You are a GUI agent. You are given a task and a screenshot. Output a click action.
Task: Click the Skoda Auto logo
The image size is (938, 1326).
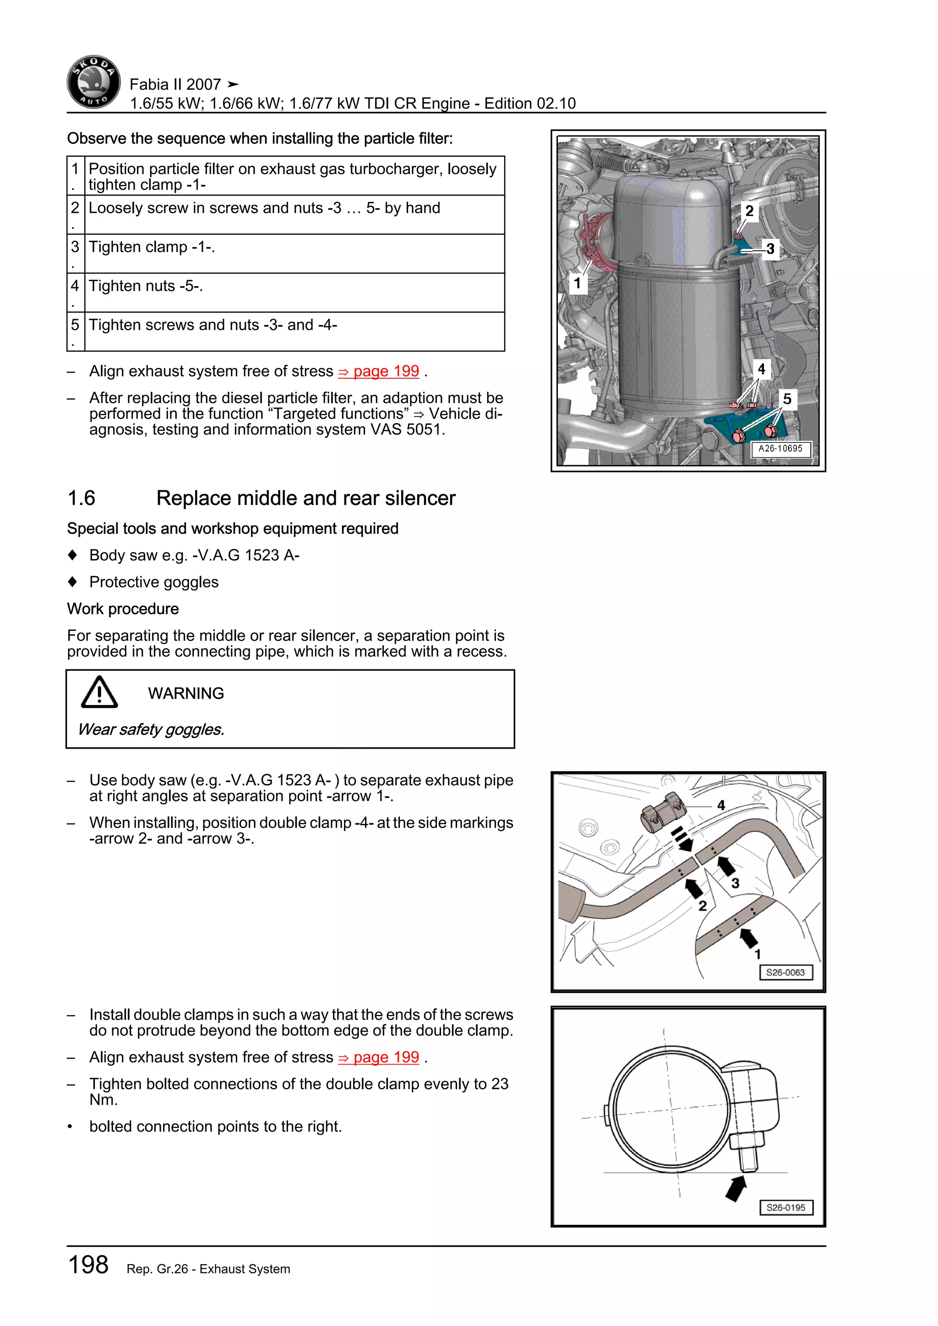coord(93,82)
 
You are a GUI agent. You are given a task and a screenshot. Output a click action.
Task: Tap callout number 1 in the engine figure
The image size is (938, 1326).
coord(577,283)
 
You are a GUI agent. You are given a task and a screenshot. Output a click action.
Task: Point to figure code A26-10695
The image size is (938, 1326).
coord(780,449)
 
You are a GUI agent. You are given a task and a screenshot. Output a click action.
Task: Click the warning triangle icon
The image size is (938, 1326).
coord(99,692)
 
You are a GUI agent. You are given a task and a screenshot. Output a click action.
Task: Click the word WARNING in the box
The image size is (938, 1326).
coord(186,693)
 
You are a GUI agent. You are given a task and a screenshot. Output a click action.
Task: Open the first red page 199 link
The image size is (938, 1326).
coord(379,371)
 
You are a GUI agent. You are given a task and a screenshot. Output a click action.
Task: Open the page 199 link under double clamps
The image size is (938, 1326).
coord(379,1057)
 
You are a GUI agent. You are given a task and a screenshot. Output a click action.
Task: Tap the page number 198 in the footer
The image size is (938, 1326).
coord(88,1265)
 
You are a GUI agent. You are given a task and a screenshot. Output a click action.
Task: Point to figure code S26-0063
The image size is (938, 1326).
coord(785,973)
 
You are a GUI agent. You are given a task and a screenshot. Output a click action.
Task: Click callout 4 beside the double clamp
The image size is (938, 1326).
coord(721,805)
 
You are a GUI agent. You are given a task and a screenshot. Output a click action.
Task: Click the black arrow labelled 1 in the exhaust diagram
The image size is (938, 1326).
coord(749,938)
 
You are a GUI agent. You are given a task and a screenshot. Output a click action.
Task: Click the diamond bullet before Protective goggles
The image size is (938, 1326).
coord(72,581)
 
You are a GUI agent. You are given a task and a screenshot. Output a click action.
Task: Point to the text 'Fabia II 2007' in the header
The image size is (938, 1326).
coord(175,85)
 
